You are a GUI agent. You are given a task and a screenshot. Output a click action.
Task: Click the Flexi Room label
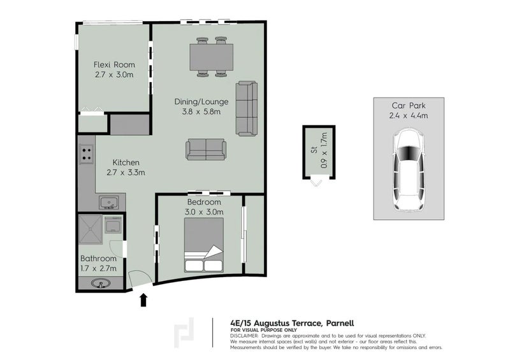click(113, 65)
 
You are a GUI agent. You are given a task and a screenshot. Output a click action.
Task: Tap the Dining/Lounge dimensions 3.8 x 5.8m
click(198, 112)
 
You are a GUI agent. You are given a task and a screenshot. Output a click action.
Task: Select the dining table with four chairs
click(212, 57)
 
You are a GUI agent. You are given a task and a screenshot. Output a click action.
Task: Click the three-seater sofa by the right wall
click(246, 108)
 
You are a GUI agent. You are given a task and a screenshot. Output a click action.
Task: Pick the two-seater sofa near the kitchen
click(205, 149)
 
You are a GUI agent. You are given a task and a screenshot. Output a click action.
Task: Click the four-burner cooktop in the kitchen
click(86, 154)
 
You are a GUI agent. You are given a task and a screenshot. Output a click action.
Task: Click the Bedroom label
click(204, 203)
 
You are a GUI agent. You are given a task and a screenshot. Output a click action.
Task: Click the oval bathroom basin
click(99, 284)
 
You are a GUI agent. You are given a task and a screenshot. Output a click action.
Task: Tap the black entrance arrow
click(143, 299)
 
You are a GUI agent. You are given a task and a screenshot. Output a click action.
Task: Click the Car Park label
click(409, 106)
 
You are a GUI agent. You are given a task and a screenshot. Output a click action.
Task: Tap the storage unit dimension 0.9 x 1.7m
click(323, 150)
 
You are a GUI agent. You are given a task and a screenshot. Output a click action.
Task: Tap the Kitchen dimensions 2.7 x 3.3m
click(126, 172)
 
